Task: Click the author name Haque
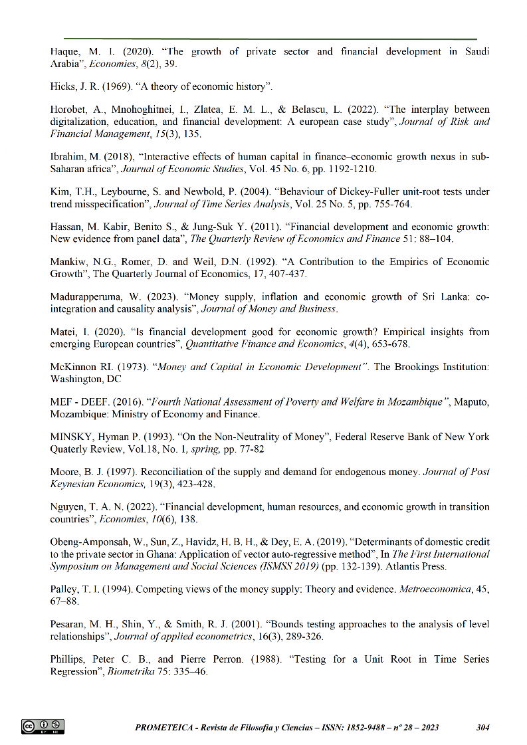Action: pos(65,52)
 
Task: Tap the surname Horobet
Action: pos(69,110)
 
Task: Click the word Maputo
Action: pos(471,401)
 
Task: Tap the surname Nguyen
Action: pos(69,506)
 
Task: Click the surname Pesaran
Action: pos(70,624)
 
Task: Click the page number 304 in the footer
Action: pos(483,727)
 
